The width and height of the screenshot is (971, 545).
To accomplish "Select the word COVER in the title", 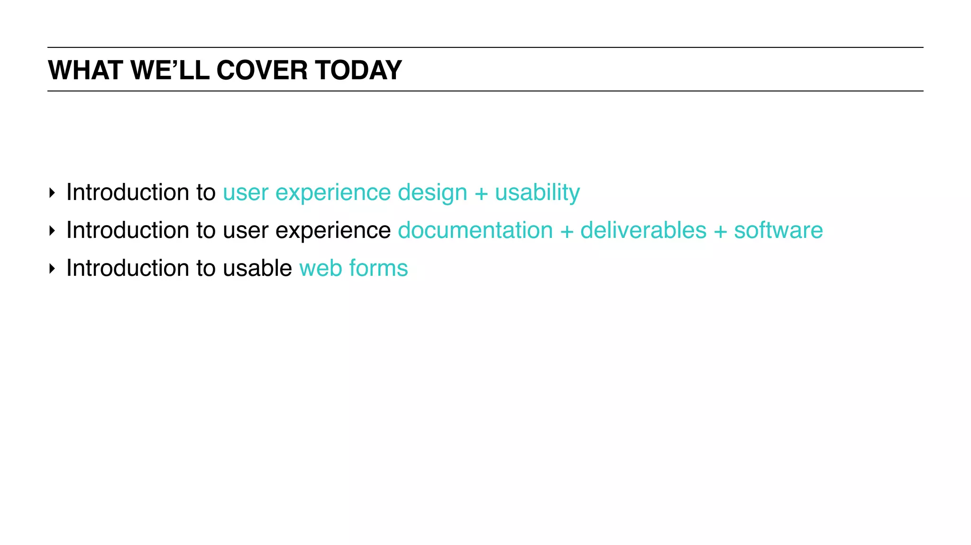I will pos(262,70).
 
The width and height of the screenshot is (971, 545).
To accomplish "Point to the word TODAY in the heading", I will pos(358,70).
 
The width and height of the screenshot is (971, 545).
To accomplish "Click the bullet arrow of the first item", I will pos(52,193).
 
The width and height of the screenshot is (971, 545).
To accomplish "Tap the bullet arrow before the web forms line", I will pos(52,269).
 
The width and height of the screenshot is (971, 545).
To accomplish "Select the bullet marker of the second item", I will pos(52,231).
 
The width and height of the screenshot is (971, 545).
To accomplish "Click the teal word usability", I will pos(537,192).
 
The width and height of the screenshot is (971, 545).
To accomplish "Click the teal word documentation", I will pos(475,230).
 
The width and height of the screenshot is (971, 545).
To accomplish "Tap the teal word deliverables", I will pos(643,230).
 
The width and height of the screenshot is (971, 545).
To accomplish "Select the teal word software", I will pos(778,230).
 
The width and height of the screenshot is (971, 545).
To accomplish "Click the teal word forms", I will pos(378,268).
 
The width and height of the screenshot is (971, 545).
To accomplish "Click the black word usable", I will pos(257,268).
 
